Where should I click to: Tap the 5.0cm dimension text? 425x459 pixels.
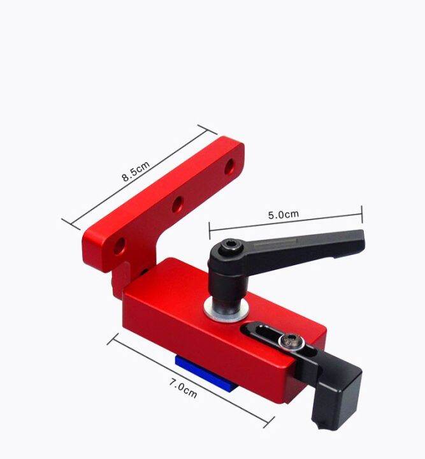[x=284, y=214]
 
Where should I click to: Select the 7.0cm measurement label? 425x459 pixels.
[x=183, y=387]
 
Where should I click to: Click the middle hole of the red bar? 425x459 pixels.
[x=177, y=205]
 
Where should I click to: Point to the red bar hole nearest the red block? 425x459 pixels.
[x=119, y=245]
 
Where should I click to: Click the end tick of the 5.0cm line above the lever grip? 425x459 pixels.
[x=361, y=214]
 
